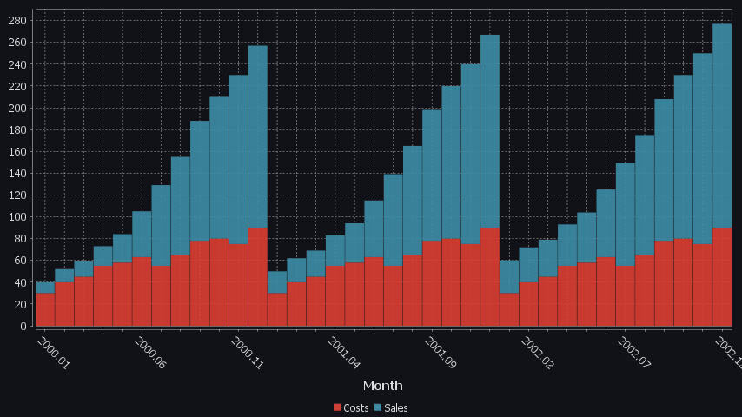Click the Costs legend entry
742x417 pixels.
point(356,407)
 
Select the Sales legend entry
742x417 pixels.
point(396,407)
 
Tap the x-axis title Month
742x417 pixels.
point(382,385)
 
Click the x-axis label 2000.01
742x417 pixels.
point(54,353)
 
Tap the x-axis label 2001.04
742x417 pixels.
point(344,353)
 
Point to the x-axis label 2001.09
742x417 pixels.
point(441,353)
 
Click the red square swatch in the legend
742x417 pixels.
point(338,407)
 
